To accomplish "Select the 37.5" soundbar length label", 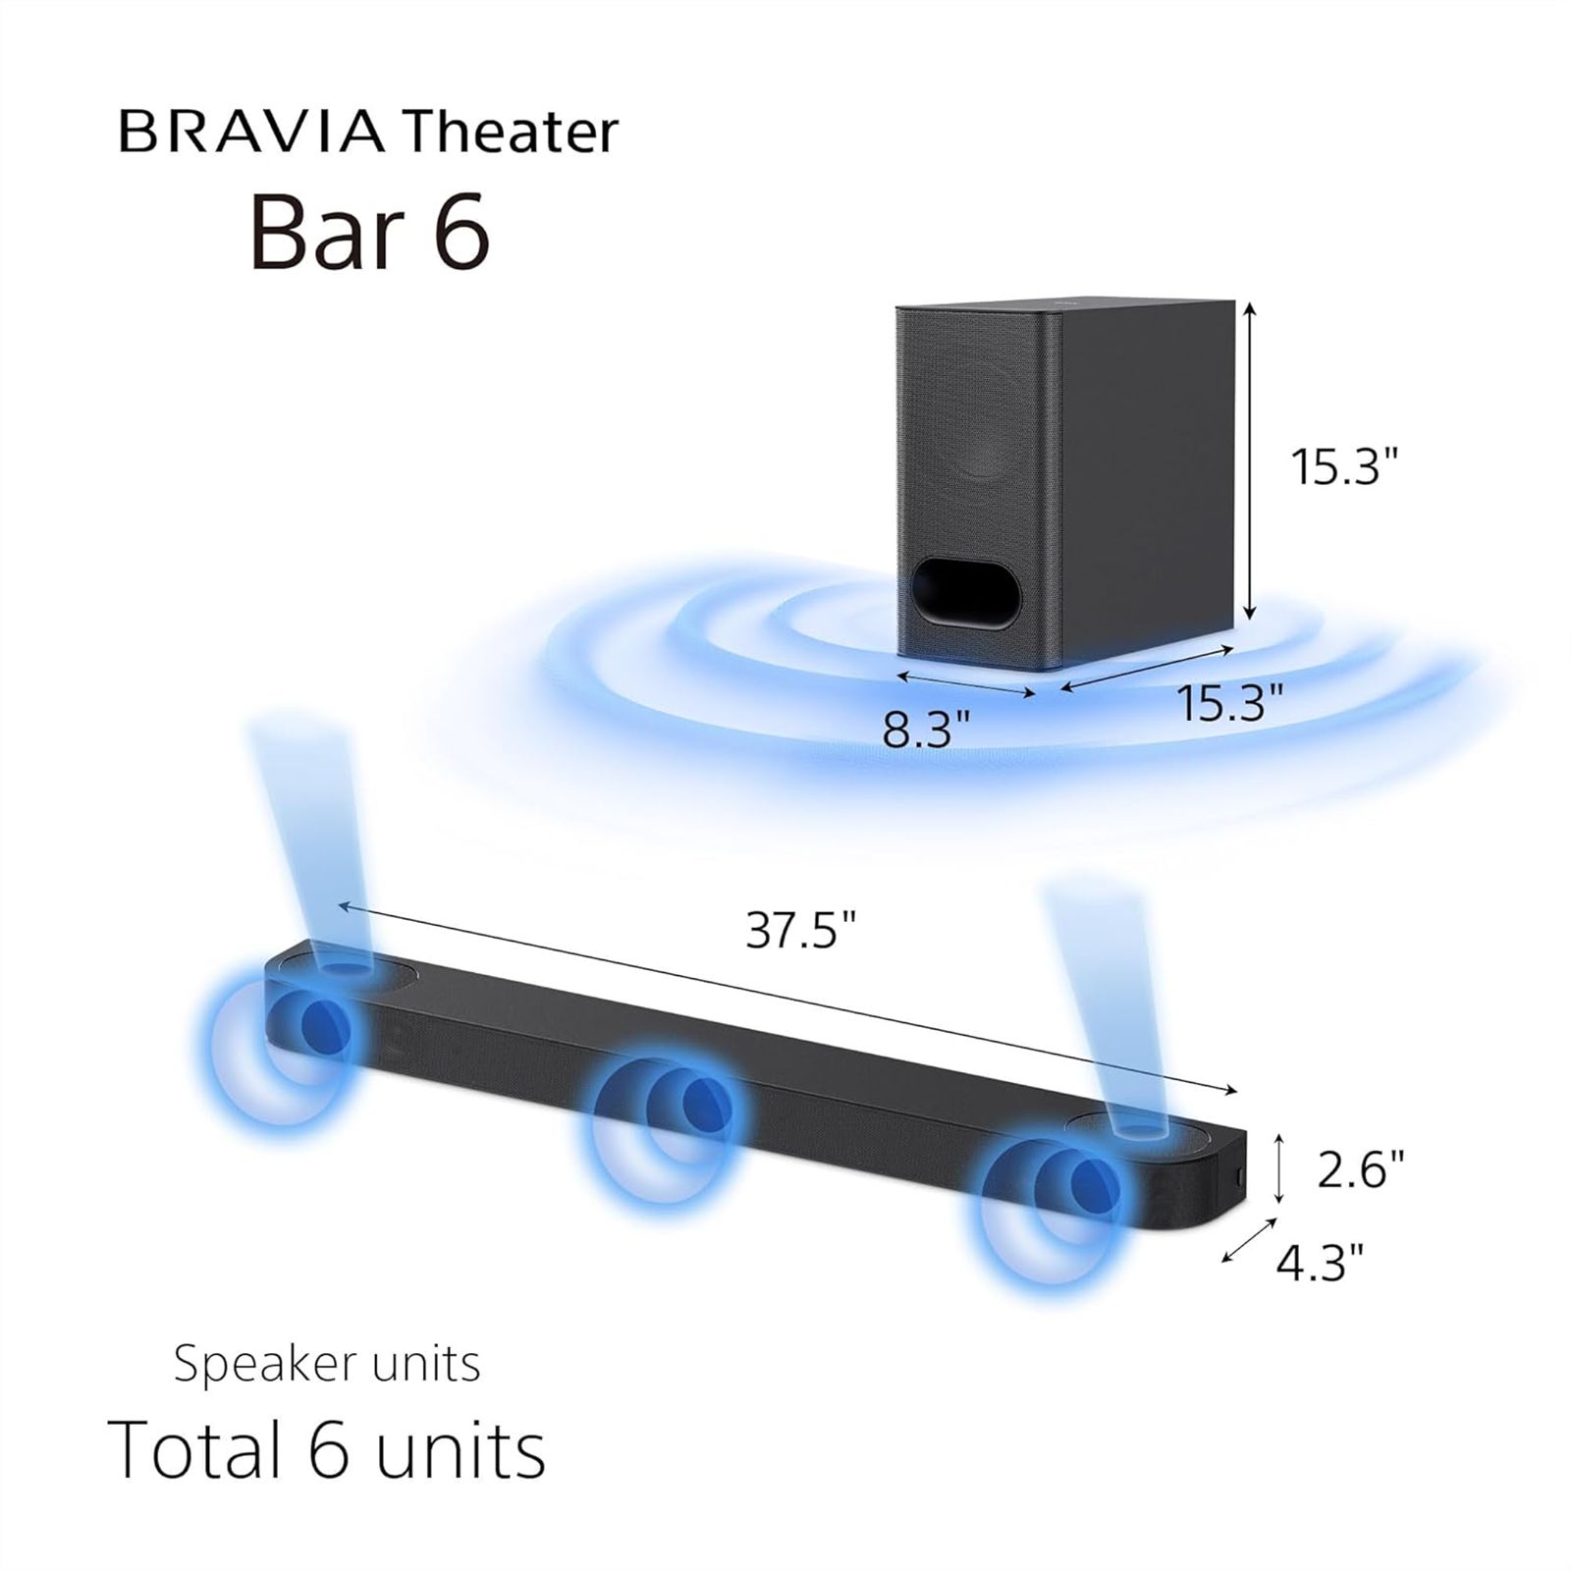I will [x=801, y=929].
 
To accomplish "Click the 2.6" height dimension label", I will [x=1360, y=1169].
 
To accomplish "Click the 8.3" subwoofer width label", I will [x=926, y=730].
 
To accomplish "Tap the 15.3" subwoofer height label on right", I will [x=1342, y=466].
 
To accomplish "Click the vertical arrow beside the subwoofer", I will [x=1250, y=461].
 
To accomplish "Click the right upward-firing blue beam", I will [x=1105, y=1011].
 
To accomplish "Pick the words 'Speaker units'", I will [x=327, y=1365].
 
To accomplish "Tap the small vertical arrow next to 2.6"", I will [x=1277, y=1167].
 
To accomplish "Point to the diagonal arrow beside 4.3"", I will [x=1248, y=1239].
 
